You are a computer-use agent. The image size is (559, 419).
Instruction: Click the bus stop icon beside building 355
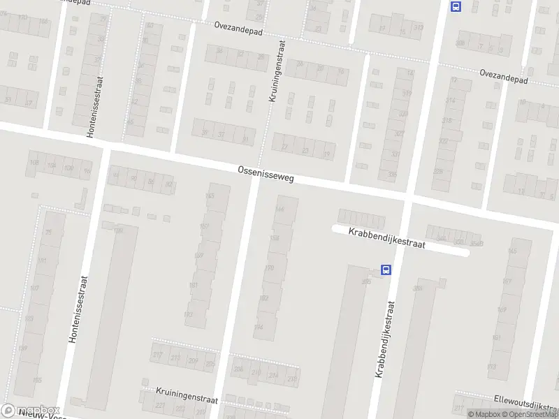pyautogui.click(x=385, y=270)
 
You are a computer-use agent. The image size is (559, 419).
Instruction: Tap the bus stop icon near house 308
pyautogui.click(x=456, y=7)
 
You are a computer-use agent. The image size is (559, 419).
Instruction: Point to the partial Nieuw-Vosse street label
pyautogui.click(x=35, y=415)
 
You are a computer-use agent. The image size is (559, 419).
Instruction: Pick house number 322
pyautogui.click(x=443, y=141)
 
